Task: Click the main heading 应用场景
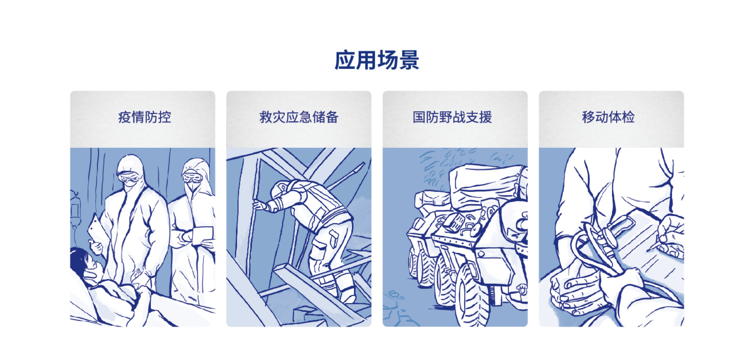(376, 60)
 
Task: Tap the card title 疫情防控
(144, 117)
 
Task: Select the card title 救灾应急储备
(299, 117)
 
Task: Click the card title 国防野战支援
(452, 117)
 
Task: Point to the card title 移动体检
(608, 117)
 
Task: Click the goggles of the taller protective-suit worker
(129, 178)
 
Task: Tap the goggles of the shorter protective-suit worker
(192, 178)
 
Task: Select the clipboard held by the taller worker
(96, 231)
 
